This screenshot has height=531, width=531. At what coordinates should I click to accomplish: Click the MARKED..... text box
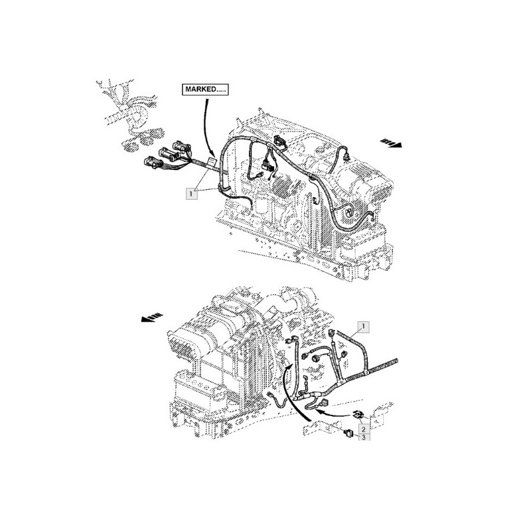click(205, 90)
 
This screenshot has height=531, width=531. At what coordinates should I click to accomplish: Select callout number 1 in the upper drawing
click(191, 194)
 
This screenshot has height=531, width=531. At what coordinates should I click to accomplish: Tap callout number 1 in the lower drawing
click(363, 327)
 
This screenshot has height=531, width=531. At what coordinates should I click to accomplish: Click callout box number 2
click(363, 429)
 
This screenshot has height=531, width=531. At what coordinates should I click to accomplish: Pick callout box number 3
click(363, 437)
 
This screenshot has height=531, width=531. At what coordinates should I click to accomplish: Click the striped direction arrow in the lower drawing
click(152, 317)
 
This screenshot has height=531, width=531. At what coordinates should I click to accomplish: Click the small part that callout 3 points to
click(348, 433)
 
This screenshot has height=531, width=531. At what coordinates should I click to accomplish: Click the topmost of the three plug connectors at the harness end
click(182, 147)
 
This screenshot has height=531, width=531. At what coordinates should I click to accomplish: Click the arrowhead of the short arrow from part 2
click(319, 411)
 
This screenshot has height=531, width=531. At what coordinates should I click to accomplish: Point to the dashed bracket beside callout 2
click(382, 414)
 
